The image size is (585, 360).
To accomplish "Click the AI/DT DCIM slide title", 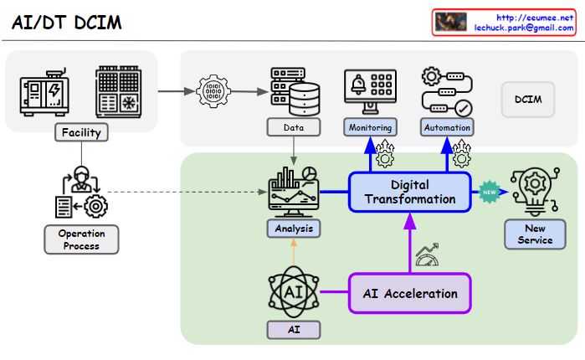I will pyautogui.click(x=67, y=23).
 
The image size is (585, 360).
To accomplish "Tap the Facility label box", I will pyautogui.click(x=81, y=131).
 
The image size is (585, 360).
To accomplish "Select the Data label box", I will pyautogui.click(x=293, y=127).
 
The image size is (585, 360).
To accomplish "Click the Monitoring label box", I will pyautogui.click(x=369, y=127).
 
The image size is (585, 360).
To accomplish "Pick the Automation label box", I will pyautogui.click(x=447, y=127).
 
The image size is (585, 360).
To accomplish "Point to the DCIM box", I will pyautogui.click(x=528, y=100).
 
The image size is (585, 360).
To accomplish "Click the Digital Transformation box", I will pyautogui.click(x=410, y=192).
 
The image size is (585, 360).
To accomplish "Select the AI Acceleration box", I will pyautogui.click(x=410, y=294).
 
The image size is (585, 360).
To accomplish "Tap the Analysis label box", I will pyautogui.click(x=293, y=227).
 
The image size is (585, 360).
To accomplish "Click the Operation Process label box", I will pyautogui.click(x=81, y=239).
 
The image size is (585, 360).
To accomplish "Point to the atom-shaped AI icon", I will pyautogui.click(x=294, y=291).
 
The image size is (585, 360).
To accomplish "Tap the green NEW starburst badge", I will pyautogui.click(x=490, y=192).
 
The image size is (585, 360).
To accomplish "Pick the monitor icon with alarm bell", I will pyautogui.click(x=370, y=90).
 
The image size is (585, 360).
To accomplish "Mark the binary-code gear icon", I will pyautogui.click(x=213, y=90).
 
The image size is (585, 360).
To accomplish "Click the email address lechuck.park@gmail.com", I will pyautogui.click(x=524, y=28).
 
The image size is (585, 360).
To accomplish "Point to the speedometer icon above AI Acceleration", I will pyautogui.click(x=428, y=255).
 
